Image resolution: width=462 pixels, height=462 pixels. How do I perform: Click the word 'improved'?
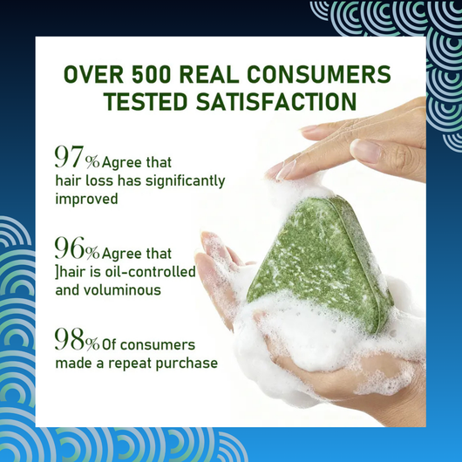86,199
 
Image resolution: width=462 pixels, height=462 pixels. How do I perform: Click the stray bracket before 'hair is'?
57,272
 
